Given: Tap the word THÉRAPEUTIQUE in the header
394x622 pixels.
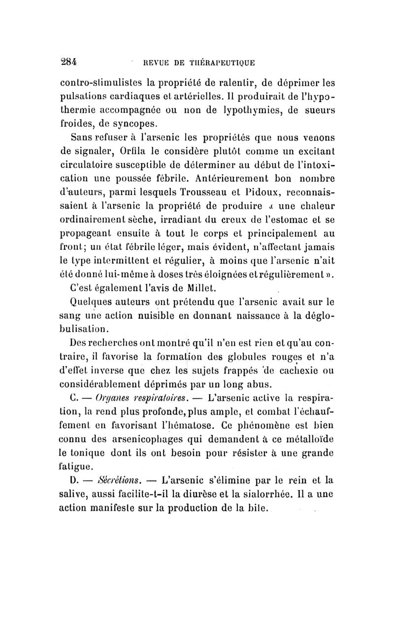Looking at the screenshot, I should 221,63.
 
